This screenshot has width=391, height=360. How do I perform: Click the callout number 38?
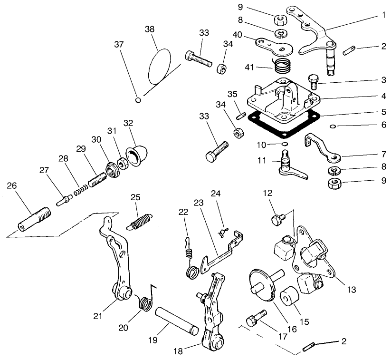tap(150, 29)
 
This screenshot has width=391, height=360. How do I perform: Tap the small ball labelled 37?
tap(137, 99)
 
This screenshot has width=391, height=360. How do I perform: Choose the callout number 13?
tap(351, 289)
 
